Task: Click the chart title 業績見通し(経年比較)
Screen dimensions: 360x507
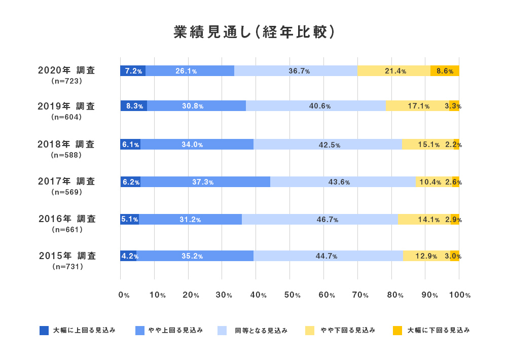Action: coord(253,32)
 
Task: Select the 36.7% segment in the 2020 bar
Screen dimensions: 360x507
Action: coord(296,71)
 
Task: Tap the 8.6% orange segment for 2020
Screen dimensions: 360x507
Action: coord(445,71)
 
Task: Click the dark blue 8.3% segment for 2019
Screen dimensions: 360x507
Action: coord(133,106)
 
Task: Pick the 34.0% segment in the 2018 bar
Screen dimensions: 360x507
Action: coord(197,145)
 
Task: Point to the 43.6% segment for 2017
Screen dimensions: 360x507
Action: coord(343,182)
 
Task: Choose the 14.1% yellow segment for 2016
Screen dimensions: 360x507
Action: coord(424,220)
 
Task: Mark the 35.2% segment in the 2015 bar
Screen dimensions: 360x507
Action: coord(195,256)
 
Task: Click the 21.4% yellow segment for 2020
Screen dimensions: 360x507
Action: coord(394,71)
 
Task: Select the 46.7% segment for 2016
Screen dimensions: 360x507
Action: coord(320,220)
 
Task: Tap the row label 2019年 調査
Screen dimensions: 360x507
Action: coord(66,106)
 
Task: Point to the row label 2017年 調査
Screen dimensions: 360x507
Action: coord(66,181)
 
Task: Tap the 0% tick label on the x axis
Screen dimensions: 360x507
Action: coord(123,295)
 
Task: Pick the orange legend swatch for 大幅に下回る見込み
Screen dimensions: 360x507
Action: coord(397,331)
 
